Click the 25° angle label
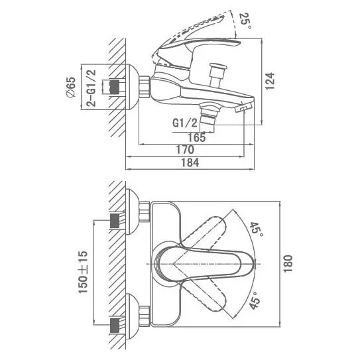point(246,21)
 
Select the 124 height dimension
point(270,82)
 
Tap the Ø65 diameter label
point(71,88)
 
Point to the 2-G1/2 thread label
point(91,88)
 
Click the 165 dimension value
point(197,138)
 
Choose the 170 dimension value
point(185,150)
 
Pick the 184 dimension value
point(190,162)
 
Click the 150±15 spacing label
point(83,272)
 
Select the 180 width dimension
point(288,264)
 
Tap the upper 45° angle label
point(256,230)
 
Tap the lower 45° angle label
point(255,300)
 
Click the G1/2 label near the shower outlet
point(185,123)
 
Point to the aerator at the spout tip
point(243,108)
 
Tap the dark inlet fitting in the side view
point(115,87)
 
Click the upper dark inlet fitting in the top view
point(115,221)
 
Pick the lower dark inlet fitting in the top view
point(115,325)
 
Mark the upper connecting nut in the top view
point(145,211)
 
